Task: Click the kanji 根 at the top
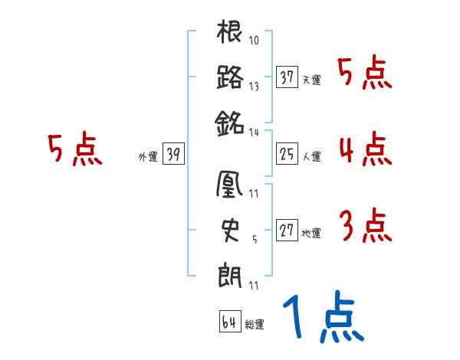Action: tap(230, 34)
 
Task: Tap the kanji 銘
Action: tap(230, 121)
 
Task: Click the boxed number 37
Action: tap(287, 77)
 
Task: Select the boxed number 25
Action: tap(287, 155)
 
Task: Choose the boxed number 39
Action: tap(172, 155)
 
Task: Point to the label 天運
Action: tap(311, 80)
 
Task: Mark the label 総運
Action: tap(254, 324)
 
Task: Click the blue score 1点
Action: tap(321, 318)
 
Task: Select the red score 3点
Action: tap(365, 226)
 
